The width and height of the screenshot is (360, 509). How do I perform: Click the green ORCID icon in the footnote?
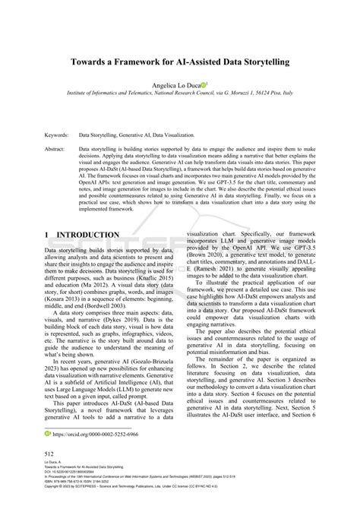click(47, 433)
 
